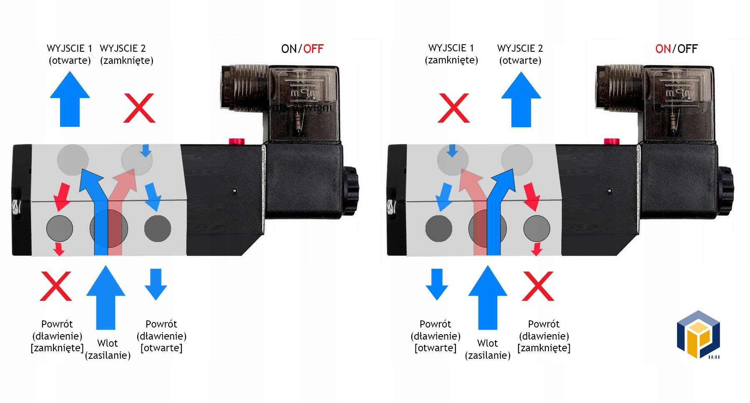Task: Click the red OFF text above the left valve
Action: (x=313, y=49)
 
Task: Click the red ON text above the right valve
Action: (x=663, y=49)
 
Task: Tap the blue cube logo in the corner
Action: (x=698, y=334)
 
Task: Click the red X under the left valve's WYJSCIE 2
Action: (x=139, y=108)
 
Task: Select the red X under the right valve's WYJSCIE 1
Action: (x=453, y=108)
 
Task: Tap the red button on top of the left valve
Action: (x=237, y=141)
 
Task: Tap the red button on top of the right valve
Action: (x=612, y=141)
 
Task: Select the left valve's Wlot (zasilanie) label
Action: (x=108, y=349)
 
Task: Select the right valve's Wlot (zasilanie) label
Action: (x=488, y=349)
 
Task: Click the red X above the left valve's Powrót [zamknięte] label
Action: (x=56, y=286)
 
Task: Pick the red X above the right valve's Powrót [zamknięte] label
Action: (x=538, y=286)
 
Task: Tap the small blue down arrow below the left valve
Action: (x=156, y=284)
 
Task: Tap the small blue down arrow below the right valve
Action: (x=437, y=284)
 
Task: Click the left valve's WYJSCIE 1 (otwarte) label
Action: (x=70, y=54)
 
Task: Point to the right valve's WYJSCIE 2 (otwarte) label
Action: (x=520, y=54)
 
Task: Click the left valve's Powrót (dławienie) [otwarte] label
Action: (x=161, y=336)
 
